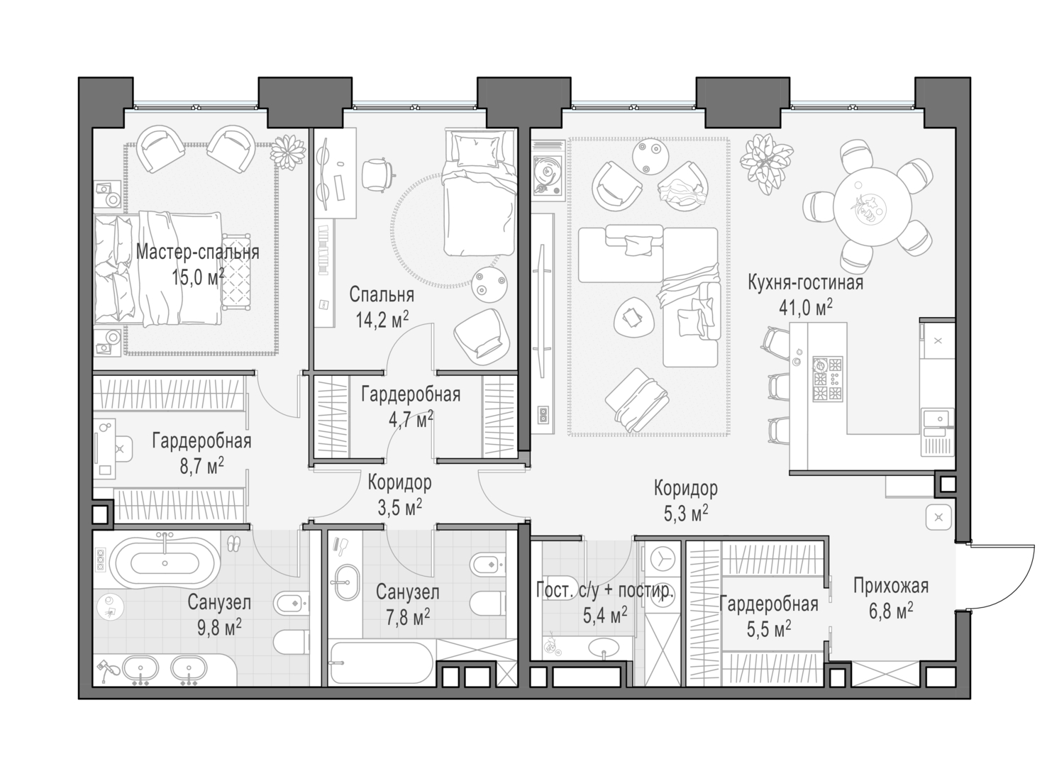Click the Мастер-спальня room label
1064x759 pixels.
click(197, 252)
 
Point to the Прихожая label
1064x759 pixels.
click(890, 586)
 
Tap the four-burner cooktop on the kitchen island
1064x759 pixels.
click(827, 379)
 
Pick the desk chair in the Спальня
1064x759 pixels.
click(376, 174)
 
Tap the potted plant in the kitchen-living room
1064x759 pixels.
click(762, 161)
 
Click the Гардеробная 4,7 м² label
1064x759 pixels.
click(410, 394)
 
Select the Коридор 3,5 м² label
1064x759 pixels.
click(399, 483)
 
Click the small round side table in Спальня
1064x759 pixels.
click(489, 283)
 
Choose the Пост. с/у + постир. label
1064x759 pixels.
click(605, 591)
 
